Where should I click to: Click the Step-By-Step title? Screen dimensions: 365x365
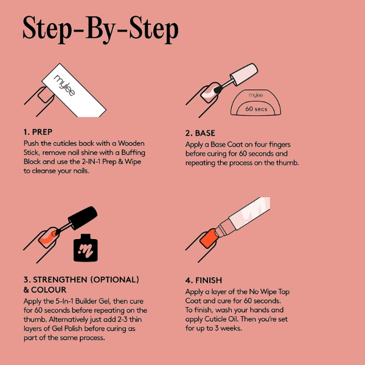tap(100, 30)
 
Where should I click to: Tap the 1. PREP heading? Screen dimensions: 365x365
tap(38, 132)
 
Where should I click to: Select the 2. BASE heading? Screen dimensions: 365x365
tap(200, 133)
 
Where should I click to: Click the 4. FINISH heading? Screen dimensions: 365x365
tap(204, 280)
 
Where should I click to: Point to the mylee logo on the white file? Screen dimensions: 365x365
tap(64, 85)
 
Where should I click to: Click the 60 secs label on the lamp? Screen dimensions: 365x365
tap(256, 109)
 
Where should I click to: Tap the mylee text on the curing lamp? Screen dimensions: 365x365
tap(255, 96)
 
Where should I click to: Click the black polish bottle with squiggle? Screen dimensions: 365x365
tap(85, 248)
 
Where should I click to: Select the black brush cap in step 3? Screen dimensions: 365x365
tap(83, 218)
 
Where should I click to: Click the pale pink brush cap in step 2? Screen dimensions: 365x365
tap(244, 74)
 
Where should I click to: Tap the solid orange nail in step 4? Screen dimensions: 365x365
tap(209, 238)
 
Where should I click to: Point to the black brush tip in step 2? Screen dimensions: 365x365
tap(218, 89)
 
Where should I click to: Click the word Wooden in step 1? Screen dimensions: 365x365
tap(131, 144)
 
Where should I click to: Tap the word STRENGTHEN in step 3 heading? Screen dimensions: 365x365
tap(60, 280)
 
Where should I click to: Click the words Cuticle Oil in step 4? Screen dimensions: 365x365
tap(221, 319)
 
